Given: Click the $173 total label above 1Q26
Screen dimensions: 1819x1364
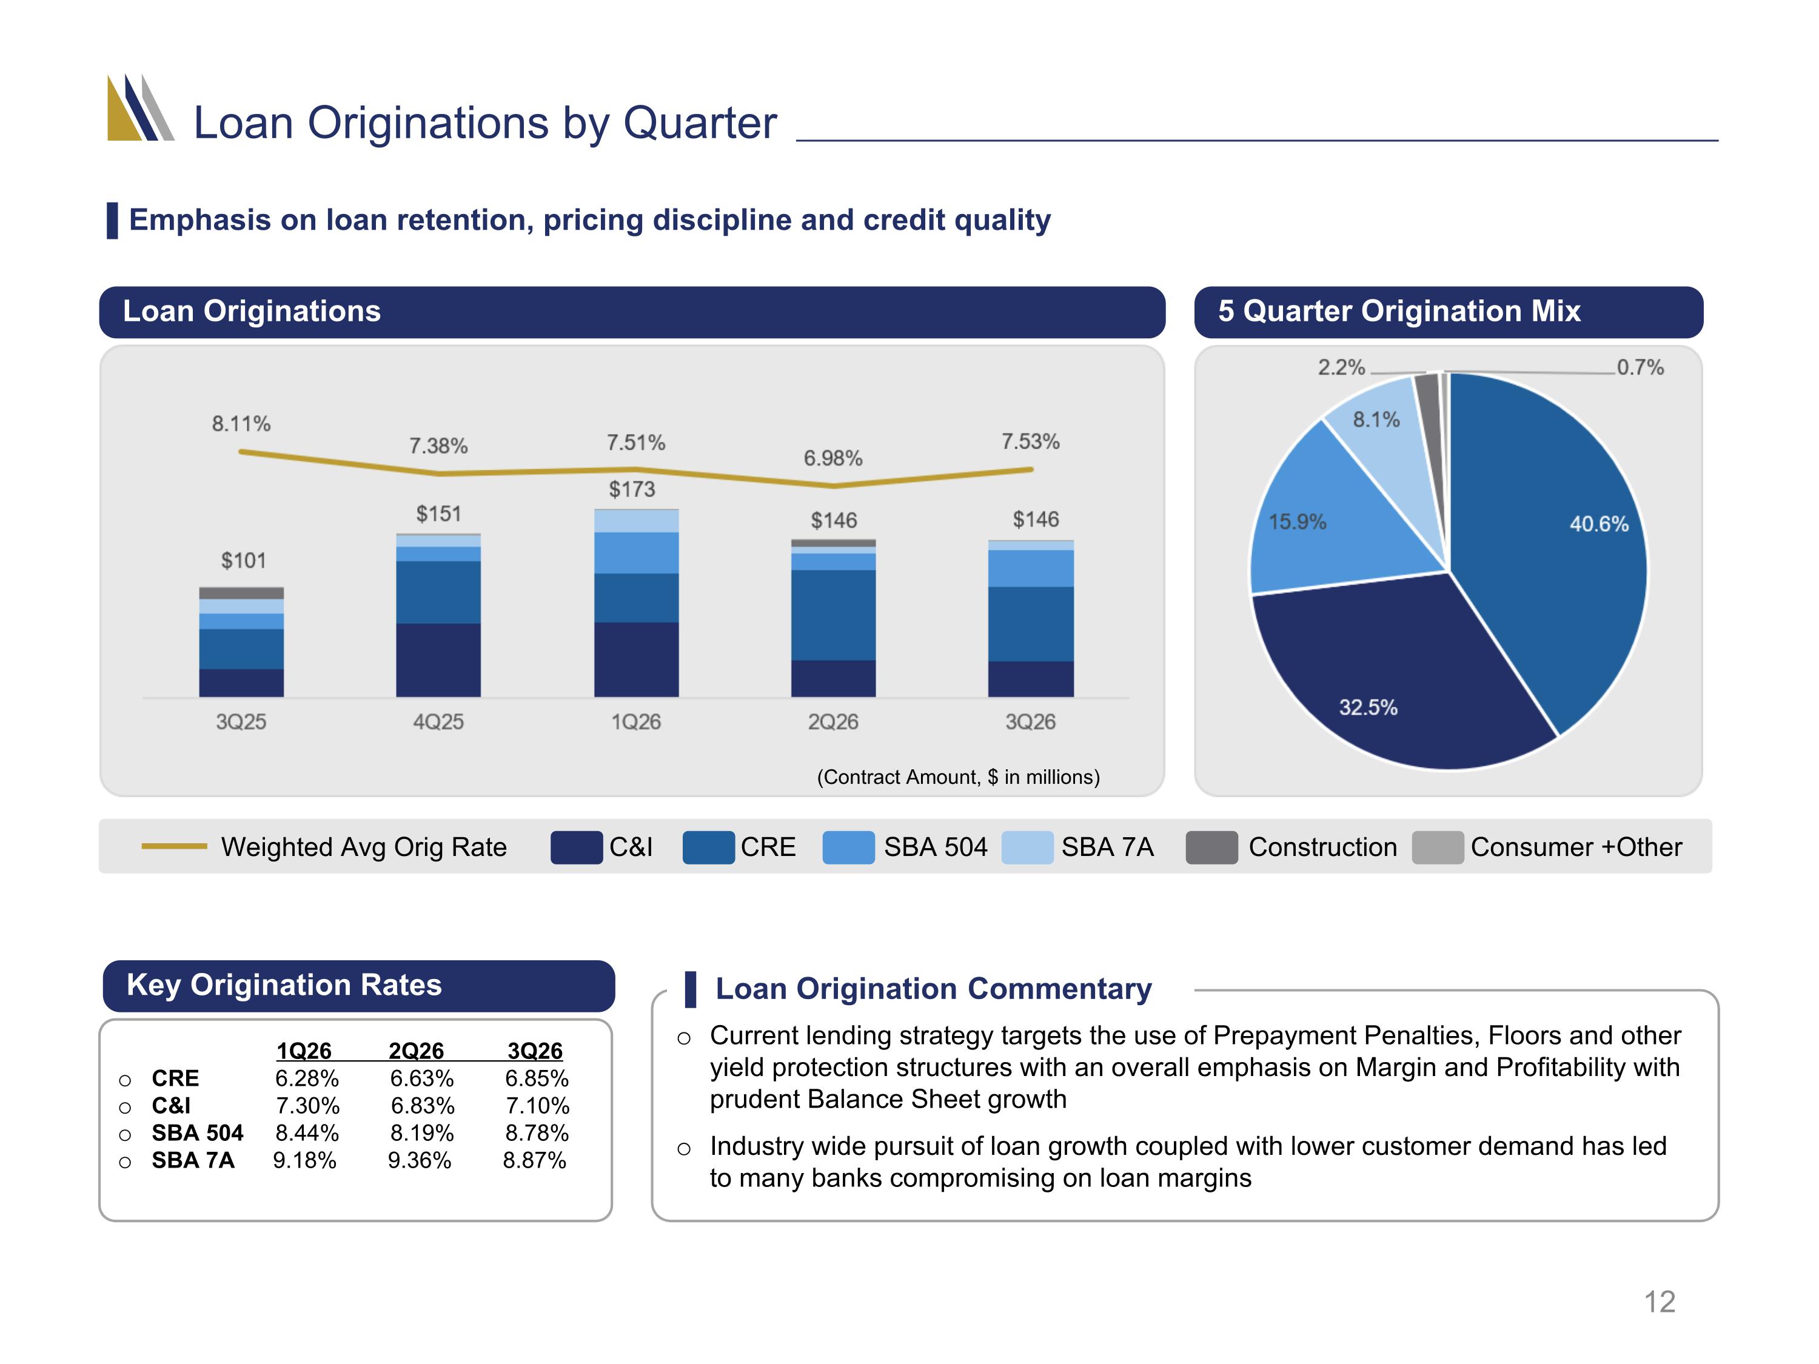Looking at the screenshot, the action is point(632,489).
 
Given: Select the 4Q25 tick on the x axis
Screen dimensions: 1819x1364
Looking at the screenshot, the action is point(438,722).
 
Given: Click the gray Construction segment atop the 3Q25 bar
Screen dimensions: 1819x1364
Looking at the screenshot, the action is point(241,593).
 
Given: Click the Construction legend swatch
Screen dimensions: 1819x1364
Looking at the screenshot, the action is point(1211,847).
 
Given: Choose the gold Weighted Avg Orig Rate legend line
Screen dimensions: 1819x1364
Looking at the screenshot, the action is point(175,846).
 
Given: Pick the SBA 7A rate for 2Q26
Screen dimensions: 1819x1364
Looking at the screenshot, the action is point(420,1160).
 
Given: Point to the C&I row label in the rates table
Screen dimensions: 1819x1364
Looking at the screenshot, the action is point(171,1105).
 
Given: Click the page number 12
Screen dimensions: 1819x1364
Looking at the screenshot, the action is point(1660,1302).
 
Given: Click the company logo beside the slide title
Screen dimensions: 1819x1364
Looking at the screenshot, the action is point(141,108).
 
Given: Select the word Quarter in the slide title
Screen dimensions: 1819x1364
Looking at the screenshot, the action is point(700,123).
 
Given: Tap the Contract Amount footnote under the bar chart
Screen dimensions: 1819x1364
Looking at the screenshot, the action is point(958,777).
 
